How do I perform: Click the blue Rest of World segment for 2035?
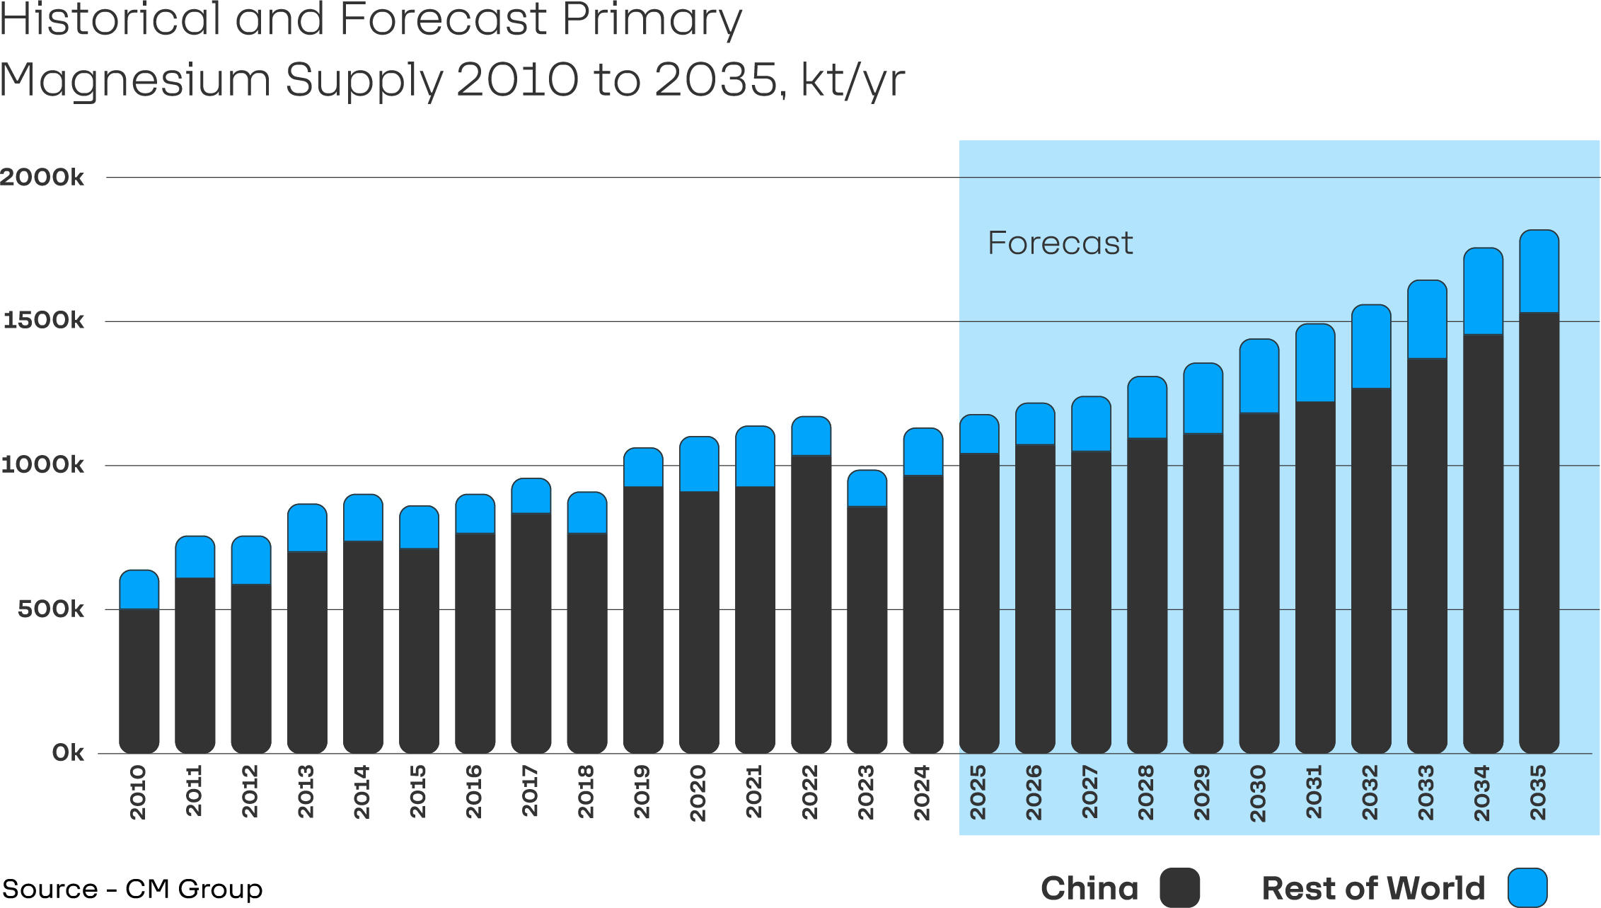1539,271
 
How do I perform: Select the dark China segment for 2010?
139,679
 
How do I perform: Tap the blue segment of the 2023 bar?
867,488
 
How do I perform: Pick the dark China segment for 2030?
1259,580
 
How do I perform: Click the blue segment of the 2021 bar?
755,456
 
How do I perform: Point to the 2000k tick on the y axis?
42,177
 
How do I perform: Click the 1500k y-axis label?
43,321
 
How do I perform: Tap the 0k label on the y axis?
68,752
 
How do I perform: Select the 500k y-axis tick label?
50,609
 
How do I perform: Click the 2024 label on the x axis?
922,792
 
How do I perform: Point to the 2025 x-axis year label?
978,792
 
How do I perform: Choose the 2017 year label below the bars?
530,791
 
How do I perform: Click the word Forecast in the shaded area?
1060,243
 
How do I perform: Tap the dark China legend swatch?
1179,887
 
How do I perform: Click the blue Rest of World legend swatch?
1527,887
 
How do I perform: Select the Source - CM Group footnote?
132,889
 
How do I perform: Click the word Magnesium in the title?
135,80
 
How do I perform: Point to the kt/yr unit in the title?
852,80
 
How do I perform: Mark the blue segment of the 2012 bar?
251,560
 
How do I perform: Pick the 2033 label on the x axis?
1426,792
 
